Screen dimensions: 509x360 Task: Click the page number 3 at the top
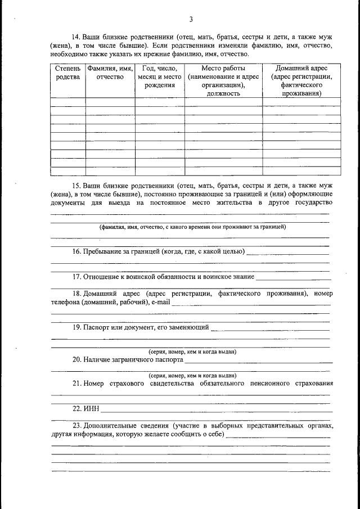(191, 20)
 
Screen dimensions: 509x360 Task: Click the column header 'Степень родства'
(68, 73)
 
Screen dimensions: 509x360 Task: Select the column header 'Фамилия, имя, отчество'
(110, 73)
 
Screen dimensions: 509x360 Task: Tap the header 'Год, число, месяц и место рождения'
(160, 77)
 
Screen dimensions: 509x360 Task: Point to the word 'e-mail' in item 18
(160, 303)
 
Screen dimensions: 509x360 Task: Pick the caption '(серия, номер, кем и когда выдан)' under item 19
(192, 352)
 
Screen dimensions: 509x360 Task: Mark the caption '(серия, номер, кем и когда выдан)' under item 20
(192, 375)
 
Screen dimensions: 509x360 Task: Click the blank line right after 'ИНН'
(214, 410)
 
